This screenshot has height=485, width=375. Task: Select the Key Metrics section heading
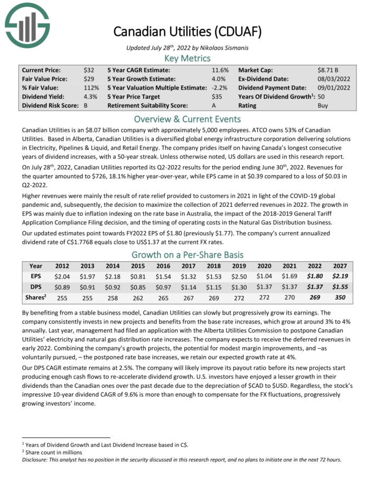[187, 58]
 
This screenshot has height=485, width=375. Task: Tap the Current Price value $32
[89, 70]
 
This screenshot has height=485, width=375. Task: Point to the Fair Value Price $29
[89, 79]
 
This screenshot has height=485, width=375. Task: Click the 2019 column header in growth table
[239, 266]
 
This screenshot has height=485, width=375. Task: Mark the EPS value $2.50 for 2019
[239, 275]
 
